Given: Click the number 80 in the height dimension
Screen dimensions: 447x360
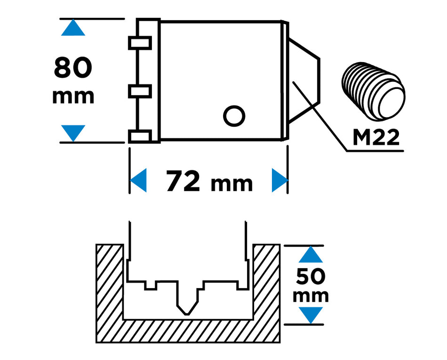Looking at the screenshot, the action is click(73, 68).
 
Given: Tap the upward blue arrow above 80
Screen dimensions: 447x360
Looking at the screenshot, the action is click(73, 27).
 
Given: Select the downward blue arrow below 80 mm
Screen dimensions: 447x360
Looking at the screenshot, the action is click(73, 133).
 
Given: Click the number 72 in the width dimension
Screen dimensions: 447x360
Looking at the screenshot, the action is click(183, 181).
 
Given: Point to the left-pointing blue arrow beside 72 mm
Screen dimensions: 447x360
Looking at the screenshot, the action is click(138, 180).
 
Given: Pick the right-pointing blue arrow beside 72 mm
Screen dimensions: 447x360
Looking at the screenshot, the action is click(280, 180).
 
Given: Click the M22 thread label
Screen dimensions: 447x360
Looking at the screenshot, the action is click(376, 137).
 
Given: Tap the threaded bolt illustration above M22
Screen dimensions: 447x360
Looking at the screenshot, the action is click(374, 91).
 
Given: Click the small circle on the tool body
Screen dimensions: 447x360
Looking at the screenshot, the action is click(234, 116).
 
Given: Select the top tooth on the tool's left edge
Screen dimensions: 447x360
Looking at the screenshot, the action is click(140, 43).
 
